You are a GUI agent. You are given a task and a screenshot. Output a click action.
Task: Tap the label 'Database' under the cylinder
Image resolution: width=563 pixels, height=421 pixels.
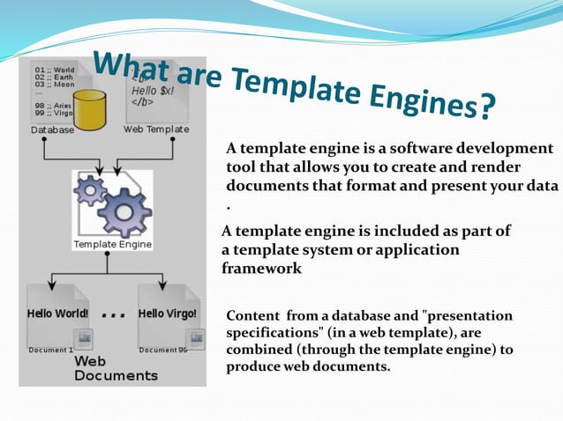[x=52, y=130]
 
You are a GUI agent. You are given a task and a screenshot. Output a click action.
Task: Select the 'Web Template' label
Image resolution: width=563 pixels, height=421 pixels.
[x=156, y=129]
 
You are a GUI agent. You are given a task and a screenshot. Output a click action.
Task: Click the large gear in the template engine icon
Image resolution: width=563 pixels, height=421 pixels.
[x=124, y=211]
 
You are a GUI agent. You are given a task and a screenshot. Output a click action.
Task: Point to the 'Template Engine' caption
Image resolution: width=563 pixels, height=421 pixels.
[x=112, y=244]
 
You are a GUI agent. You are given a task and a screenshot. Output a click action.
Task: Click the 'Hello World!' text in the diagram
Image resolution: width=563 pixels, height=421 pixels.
[x=57, y=314]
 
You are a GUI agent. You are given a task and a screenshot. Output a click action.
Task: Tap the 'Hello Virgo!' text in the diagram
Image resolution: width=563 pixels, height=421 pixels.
[x=168, y=314]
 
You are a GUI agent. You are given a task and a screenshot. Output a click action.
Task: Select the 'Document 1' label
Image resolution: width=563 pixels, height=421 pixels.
[x=50, y=350]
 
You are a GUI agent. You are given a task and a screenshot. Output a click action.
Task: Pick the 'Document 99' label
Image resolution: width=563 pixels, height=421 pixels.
[x=163, y=350]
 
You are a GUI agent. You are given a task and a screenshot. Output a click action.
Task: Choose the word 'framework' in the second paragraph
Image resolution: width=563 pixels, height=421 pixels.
[x=262, y=269]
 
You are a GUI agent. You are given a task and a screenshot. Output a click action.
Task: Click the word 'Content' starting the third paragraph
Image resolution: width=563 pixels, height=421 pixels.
[x=251, y=315]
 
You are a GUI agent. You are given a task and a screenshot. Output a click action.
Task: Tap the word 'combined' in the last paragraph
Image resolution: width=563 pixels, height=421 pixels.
[x=260, y=350]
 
